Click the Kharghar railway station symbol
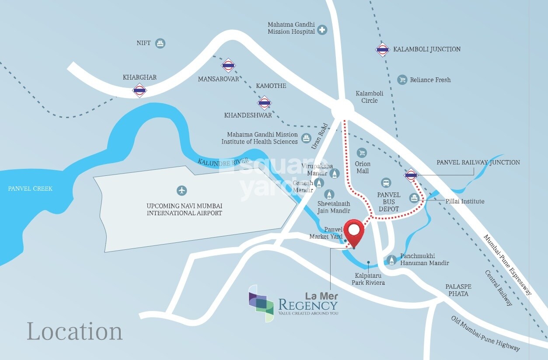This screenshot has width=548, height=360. pyautogui.click(x=140, y=91)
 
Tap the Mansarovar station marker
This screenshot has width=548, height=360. pyautogui.click(x=228, y=66)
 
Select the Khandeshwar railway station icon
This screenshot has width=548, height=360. pyautogui.click(x=264, y=103)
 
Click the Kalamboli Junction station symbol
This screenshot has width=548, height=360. pyautogui.click(x=382, y=50)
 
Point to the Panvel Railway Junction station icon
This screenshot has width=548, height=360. pyautogui.click(x=411, y=175)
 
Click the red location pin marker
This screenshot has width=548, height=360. pyautogui.click(x=354, y=231)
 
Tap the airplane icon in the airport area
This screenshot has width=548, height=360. pyautogui.click(x=182, y=191)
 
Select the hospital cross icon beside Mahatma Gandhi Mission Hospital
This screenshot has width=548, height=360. pyautogui.click(x=322, y=30)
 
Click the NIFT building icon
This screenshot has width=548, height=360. pyautogui.click(x=161, y=43)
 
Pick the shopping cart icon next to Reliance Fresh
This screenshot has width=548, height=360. pyautogui.click(x=402, y=80)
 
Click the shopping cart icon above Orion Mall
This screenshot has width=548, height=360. pyautogui.click(x=362, y=152)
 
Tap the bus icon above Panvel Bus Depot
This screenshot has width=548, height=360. pyautogui.click(x=386, y=182)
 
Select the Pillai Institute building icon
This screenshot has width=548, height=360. pyautogui.click(x=414, y=198)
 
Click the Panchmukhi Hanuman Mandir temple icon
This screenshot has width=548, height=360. pyautogui.click(x=392, y=260)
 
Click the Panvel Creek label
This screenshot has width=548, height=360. pyautogui.click(x=30, y=189)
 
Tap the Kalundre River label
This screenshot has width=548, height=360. pyautogui.click(x=223, y=161)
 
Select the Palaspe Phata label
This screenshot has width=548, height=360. pyautogui.click(x=458, y=290)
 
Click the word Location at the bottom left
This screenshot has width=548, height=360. pyautogui.click(x=75, y=331)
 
